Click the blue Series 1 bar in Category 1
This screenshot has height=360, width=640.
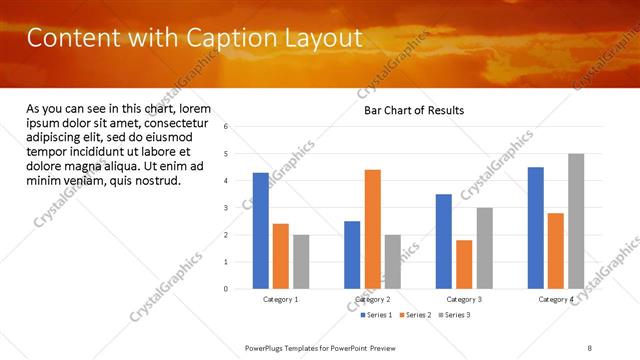point(261,231)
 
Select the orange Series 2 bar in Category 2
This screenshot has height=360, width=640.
point(372,229)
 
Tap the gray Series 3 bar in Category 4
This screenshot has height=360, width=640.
point(576,221)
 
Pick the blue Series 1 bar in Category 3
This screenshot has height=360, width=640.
point(444,241)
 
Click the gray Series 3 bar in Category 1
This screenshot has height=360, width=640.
point(301,262)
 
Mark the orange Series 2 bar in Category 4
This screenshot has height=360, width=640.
point(556,251)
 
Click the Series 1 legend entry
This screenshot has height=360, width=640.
point(378,315)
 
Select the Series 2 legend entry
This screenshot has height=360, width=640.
point(416,315)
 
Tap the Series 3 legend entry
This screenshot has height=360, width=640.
point(454,315)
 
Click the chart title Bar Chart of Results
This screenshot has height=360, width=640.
point(413,110)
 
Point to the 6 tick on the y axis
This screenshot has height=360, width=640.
point(227,127)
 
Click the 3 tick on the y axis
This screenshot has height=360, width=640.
point(227,208)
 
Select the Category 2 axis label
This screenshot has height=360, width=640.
point(372,300)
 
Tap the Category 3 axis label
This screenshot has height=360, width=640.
point(464,300)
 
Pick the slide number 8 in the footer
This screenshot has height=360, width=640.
point(590,346)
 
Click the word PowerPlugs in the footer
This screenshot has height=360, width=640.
point(266,346)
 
